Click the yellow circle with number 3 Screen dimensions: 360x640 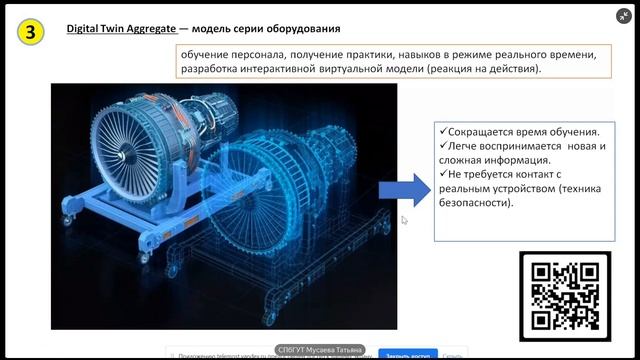[32, 31]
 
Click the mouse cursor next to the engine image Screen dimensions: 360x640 [404, 220]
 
